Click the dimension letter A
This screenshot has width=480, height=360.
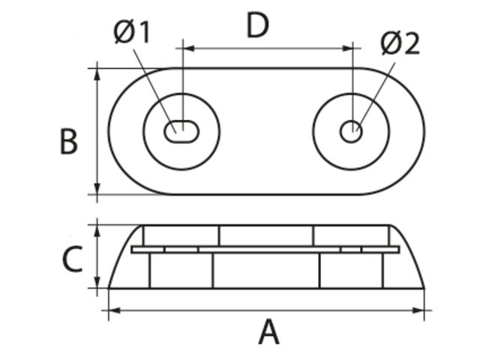tap(268, 331)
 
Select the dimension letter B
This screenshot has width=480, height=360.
tap(68, 141)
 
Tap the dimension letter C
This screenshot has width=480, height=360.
tap(71, 259)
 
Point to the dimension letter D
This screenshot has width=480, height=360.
tap(257, 26)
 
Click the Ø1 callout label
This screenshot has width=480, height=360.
tap(133, 32)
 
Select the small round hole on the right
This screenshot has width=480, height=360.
tap(350, 132)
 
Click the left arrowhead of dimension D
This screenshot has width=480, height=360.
tap(188, 48)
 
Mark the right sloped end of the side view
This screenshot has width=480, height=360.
tap(412, 255)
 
